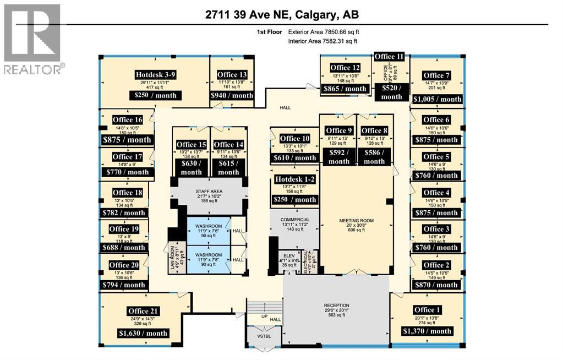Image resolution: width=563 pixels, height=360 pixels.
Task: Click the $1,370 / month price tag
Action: coord(428,331)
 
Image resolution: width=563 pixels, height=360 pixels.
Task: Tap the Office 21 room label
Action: coord(146,310)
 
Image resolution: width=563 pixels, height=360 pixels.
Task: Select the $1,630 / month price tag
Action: coord(143,333)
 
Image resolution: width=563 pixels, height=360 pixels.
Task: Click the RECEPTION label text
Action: coord(336,306)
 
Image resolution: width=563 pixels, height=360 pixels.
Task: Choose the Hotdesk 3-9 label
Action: coord(156,74)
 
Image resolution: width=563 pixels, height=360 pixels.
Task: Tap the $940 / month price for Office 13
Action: coord(232,95)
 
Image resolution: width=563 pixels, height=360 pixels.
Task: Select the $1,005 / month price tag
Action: coord(437,99)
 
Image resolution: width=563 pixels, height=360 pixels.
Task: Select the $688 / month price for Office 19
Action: coord(124,248)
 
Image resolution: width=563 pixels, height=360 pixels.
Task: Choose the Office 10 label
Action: coord(294,138)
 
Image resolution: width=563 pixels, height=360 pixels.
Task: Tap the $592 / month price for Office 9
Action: coord(338,157)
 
